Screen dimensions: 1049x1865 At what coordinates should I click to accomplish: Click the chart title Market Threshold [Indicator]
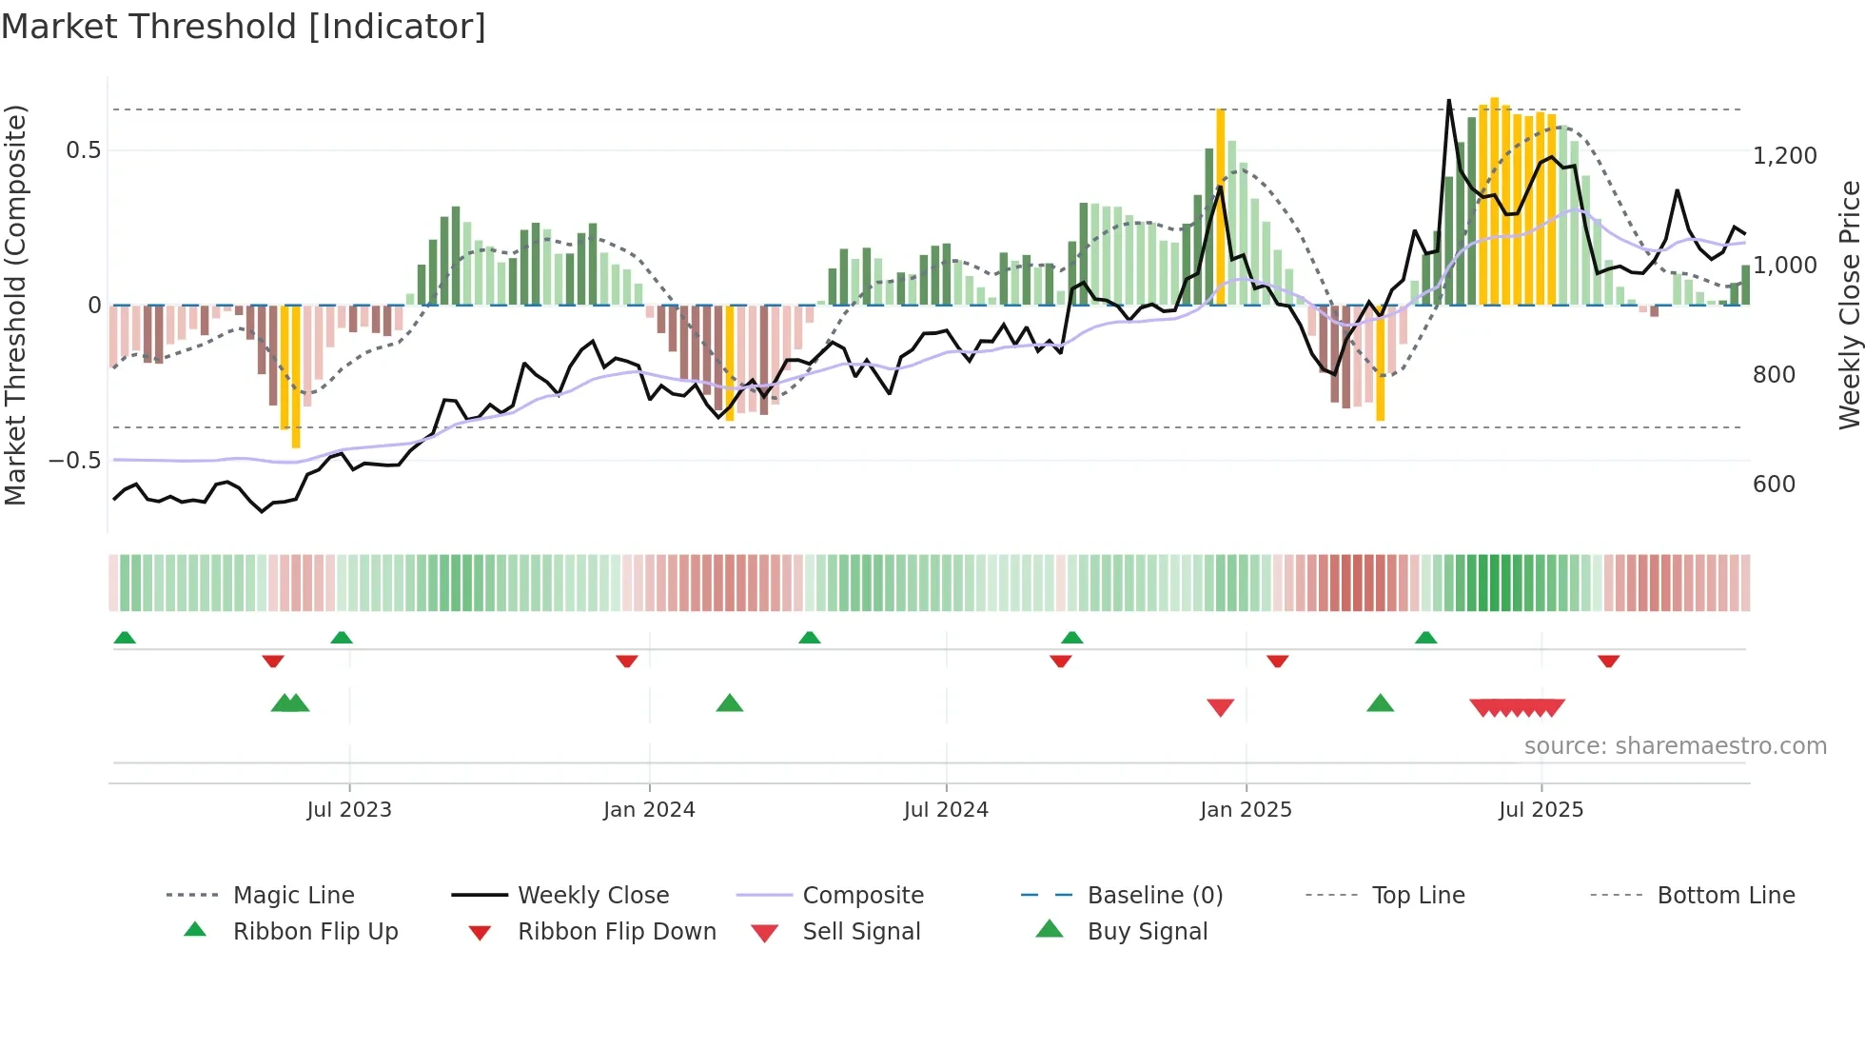(244, 27)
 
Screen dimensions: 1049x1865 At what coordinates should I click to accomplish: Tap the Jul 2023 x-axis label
(349, 810)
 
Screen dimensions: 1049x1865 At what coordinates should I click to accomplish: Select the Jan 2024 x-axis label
(649, 810)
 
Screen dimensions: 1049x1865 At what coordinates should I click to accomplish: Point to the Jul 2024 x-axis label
(946, 810)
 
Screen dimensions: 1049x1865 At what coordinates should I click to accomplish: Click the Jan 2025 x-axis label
(1246, 810)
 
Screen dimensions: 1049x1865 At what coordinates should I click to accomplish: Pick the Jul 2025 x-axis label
(1541, 810)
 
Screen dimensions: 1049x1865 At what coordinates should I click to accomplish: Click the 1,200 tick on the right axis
(1784, 156)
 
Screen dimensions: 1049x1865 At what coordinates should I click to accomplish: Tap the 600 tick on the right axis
(1774, 485)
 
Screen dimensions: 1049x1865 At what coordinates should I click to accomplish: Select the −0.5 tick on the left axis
(74, 461)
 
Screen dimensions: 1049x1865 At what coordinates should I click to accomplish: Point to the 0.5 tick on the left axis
(83, 150)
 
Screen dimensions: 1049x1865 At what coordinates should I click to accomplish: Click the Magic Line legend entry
(293, 896)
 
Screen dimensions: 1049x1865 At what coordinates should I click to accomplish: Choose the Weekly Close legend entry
(593, 896)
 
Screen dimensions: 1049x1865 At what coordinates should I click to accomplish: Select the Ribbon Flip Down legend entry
(617, 932)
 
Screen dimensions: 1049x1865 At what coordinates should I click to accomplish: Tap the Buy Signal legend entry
(1147, 932)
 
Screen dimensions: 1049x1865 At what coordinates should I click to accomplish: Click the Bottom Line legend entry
(1725, 896)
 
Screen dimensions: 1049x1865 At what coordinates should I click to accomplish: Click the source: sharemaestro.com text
(1675, 746)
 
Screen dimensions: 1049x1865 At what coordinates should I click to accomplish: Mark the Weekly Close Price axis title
(1849, 305)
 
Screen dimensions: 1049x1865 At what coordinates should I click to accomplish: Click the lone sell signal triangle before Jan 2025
(1220, 707)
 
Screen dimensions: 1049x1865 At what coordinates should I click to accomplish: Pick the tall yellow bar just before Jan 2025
(1221, 206)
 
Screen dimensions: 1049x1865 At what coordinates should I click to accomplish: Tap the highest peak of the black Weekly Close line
(1448, 101)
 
